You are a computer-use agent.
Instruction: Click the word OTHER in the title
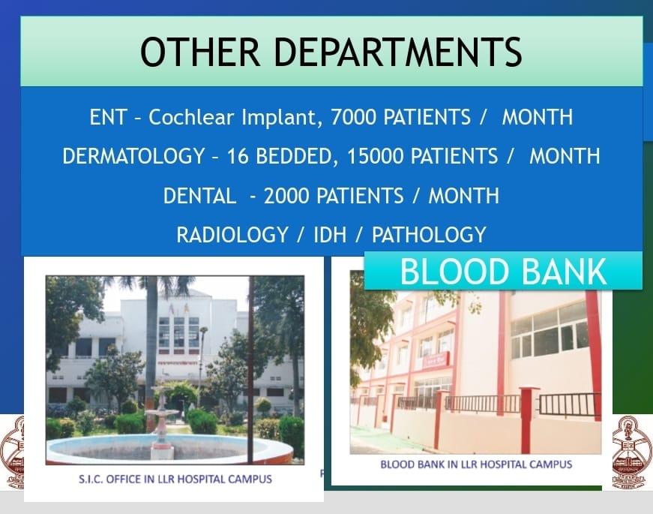point(200,52)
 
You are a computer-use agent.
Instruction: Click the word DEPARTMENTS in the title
point(397,52)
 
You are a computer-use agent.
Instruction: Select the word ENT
point(108,117)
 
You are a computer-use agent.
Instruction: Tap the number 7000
point(354,117)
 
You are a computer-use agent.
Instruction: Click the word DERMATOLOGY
point(133,156)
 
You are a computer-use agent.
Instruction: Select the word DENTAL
point(199,196)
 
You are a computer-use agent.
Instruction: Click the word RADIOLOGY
point(232,235)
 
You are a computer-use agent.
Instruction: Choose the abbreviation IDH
point(330,235)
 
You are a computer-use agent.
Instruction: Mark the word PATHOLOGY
point(429,235)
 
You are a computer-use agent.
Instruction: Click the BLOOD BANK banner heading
point(503,272)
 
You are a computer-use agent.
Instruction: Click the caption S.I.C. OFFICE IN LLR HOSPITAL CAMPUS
point(175,479)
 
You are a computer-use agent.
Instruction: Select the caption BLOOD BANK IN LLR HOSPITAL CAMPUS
point(476,464)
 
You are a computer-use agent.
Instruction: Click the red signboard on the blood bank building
point(436,360)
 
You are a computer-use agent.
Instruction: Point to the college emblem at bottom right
point(633,452)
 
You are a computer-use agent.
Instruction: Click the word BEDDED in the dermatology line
point(295,156)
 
